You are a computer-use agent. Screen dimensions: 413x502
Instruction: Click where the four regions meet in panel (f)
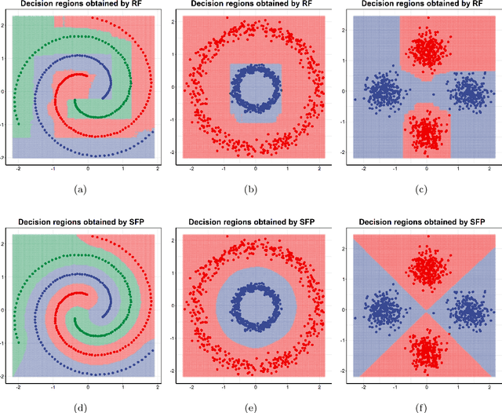tap(427, 310)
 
